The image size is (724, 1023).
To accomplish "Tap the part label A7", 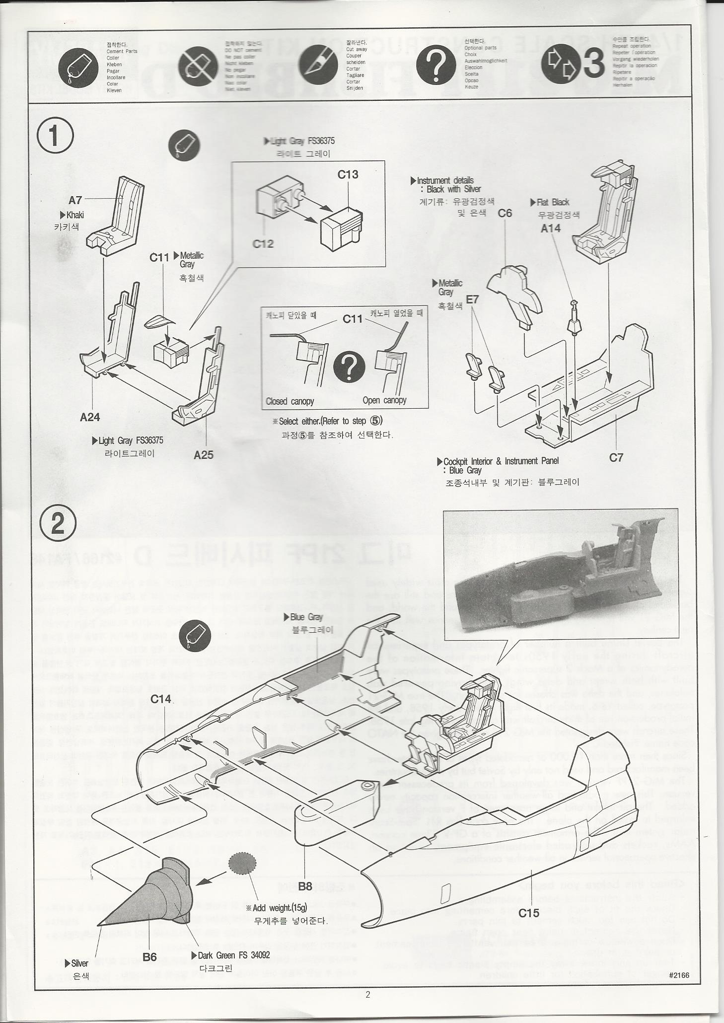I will (75, 200).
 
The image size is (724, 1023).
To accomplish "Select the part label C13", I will (348, 175).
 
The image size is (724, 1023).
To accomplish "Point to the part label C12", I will (263, 244).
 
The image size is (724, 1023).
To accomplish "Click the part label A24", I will (90, 417).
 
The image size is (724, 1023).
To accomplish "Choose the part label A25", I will (203, 454).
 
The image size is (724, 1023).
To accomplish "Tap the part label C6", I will (505, 213).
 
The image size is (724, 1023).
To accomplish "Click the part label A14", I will (550, 228).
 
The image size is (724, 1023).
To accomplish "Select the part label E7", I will (472, 299).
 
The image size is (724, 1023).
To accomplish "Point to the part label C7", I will (616, 457).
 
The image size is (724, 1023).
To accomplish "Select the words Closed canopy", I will (290, 401).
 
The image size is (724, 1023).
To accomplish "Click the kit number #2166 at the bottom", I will (679, 975).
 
